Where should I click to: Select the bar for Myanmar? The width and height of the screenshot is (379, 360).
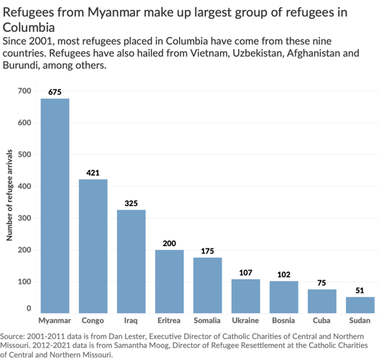pyautogui.click(x=55, y=205)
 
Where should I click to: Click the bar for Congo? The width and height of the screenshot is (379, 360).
pyautogui.click(x=93, y=246)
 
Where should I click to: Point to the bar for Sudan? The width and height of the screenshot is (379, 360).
pyautogui.click(x=360, y=305)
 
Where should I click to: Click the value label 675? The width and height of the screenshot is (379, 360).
pyautogui.click(x=55, y=92)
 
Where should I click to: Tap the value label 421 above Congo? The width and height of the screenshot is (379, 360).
pyautogui.click(x=93, y=173)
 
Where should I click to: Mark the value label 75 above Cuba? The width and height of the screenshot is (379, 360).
pyautogui.click(x=321, y=283)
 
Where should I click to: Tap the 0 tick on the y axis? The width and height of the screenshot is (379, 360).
pyautogui.click(x=29, y=308)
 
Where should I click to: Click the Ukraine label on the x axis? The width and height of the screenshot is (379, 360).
pyautogui.click(x=245, y=320)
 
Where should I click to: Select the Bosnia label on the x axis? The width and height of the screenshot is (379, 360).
pyautogui.click(x=283, y=320)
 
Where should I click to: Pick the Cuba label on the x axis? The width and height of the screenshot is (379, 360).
pyautogui.click(x=321, y=320)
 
